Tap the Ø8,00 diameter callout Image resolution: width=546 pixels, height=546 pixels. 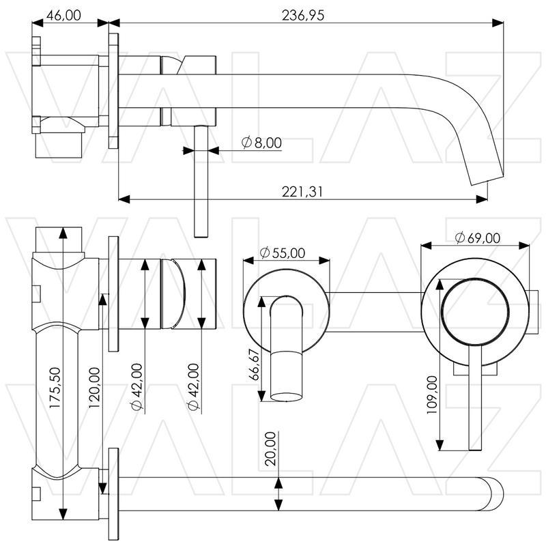[x=262, y=143]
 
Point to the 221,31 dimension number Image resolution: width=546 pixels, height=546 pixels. [x=300, y=192]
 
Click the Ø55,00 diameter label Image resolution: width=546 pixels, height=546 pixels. [x=283, y=253]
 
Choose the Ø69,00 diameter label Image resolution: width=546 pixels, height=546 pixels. [x=477, y=238]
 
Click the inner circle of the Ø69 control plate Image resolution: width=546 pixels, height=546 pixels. [x=475, y=311]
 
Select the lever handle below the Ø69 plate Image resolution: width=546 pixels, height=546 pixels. [x=475, y=403]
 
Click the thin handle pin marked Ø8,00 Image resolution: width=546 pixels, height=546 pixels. [x=200, y=184]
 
